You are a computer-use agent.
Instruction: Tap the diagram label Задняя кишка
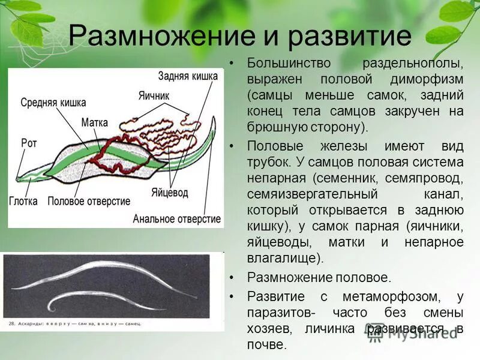188,76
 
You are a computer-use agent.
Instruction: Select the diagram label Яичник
154,95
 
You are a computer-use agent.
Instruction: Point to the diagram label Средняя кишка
53,103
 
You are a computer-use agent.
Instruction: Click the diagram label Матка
94,122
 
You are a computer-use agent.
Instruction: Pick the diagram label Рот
29,143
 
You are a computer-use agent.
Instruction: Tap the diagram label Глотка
23,201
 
